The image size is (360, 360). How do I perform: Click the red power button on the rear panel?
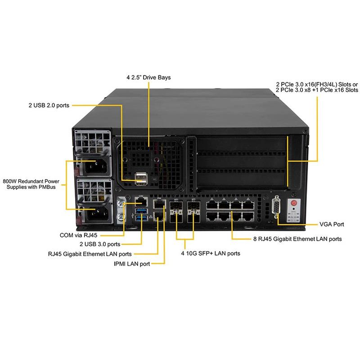coord(293,203)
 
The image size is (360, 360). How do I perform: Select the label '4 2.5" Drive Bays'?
coord(148,77)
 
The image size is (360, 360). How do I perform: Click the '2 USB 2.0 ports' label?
coord(48,105)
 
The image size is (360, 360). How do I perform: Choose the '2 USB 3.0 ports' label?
coord(100,244)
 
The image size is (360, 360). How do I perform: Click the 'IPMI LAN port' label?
coord(132,264)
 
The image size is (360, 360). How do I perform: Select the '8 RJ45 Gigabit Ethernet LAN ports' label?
coord(297,239)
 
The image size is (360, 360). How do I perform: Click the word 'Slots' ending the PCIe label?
coord(347,90)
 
